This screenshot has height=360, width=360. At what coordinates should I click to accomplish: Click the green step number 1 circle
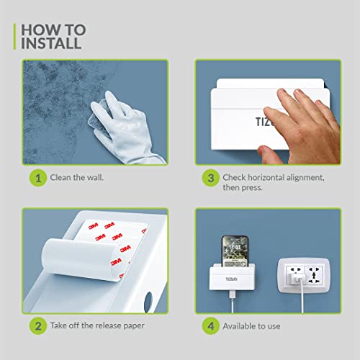click(38, 178)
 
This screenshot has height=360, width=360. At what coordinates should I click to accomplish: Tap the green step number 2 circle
click(38, 326)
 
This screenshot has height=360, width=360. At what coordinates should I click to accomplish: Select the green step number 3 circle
click(210, 178)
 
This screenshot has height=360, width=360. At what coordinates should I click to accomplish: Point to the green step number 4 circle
click(210, 326)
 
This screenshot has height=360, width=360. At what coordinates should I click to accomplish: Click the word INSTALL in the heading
click(51, 43)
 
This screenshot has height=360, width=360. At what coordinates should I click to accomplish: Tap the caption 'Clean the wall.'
click(77, 178)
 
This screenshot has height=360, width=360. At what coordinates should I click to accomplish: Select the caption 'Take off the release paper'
click(97, 325)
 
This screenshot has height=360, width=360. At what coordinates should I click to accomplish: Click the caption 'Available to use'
click(251, 326)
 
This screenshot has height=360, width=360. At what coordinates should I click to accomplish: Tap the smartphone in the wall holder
click(235, 251)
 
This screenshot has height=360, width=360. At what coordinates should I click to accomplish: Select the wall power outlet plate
click(304, 276)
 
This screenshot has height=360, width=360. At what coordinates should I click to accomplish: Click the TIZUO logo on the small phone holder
click(232, 279)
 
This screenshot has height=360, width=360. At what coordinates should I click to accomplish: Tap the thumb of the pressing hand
click(266, 153)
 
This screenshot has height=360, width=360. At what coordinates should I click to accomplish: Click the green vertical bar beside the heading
click(14, 37)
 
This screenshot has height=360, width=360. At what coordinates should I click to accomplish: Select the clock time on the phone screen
click(235, 247)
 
